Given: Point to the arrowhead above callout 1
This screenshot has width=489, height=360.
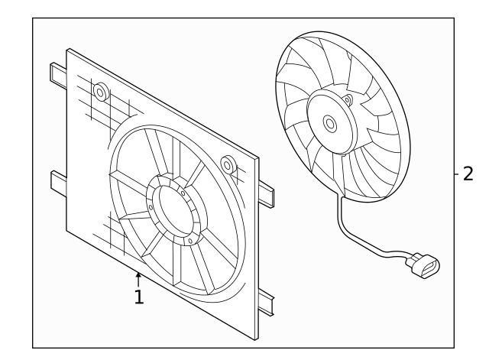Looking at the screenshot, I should [x=138, y=274].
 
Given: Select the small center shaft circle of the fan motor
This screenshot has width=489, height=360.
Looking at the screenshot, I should [x=329, y=121].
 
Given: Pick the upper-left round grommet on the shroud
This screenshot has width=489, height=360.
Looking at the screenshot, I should [x=99, y=92].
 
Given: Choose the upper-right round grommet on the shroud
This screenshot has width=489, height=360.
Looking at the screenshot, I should [x=227, y=163].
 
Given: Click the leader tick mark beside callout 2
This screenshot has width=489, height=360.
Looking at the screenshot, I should [x=454, y=174].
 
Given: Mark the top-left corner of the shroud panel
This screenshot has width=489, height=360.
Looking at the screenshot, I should [x=69, y=50].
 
